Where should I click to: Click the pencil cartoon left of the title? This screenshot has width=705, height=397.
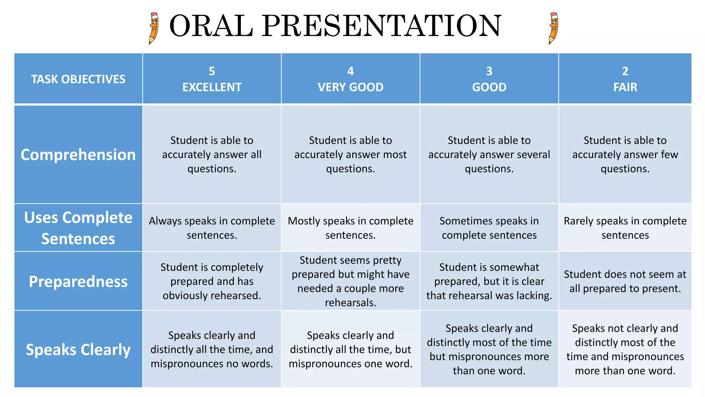[x=154, y=28]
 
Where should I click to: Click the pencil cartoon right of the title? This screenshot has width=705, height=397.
[x=553, y=28]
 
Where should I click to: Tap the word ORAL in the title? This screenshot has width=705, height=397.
[x=211, y=26]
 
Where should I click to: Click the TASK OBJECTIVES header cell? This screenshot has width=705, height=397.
[x=78, y=79]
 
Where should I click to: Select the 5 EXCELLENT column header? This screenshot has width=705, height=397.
[x=212, y=79]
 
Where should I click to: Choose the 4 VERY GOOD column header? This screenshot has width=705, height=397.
[x=350, y=79]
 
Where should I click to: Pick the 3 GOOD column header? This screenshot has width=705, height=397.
[x=489, y=79]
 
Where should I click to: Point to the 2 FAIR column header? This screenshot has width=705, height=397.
[x=625, y=79]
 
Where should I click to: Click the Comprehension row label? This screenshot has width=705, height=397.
[x=78, y=154]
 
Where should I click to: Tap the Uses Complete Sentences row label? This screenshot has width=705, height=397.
[x=78, y=228]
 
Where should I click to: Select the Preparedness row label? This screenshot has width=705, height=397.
[x=78, y=281]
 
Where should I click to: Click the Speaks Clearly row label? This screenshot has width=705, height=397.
[x=78, y=349]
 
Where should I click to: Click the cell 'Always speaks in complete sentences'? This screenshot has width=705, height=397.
[x=212, y=228]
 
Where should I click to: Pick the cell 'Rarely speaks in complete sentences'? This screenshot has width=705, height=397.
[x=625, y=228]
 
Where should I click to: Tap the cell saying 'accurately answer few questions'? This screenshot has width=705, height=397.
[x=625, y=154]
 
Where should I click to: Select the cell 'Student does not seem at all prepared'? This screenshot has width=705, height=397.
[x=625, y=281]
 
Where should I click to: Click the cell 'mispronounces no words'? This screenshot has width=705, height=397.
[x=212, y=349]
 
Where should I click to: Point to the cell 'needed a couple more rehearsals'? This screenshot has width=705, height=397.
[x=350, y=281]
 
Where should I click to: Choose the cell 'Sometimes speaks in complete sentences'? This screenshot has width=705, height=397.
[x=489, y=228]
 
